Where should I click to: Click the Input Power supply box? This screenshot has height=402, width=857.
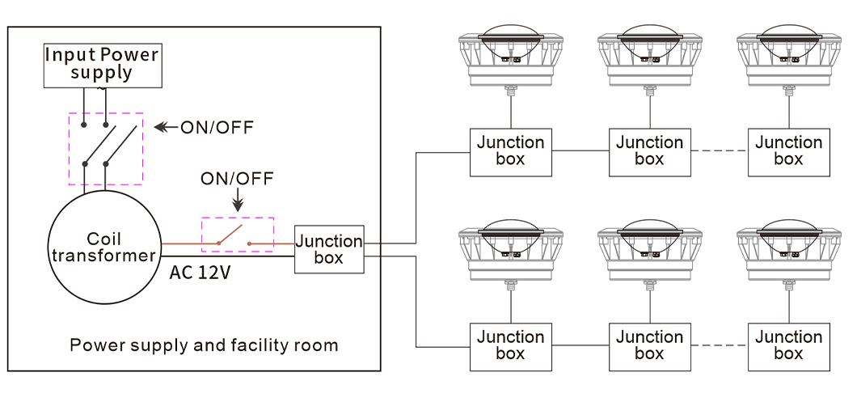click(x=101, y=65)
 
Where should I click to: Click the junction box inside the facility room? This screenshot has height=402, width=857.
click(x=328, y=249)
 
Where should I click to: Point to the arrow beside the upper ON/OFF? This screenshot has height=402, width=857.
click(x=165, y=128)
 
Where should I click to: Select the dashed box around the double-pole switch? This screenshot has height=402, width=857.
click(x=106, y=148)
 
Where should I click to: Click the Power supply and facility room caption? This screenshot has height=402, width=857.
click(x=204, y=345)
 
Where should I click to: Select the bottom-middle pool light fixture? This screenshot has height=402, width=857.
click(x=649, y=250)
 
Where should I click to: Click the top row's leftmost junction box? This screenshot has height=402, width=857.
click(x=510, y=151)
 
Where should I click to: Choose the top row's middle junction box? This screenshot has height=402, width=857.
click(x=649, y=151)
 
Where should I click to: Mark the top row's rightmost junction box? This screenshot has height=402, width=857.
click(x=788, y=151)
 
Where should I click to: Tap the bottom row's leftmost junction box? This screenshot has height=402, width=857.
click(x=510, y=345)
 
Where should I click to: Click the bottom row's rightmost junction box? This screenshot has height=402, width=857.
click(x=788, y=345)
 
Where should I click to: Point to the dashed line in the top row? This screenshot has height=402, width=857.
click(x=719, y=151)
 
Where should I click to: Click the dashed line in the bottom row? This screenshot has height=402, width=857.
click(x=719, y=345)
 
